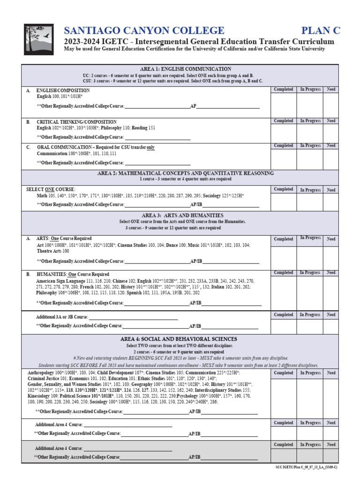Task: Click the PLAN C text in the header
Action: click(321, 31)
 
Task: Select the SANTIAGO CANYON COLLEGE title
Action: click(144, 31)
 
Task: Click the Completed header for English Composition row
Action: click(283, 89)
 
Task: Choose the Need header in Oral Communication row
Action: click(331, 146)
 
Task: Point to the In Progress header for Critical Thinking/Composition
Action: click(310, 121)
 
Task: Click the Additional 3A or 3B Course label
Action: click(61, 317)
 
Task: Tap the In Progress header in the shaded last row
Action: click(310, 444)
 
